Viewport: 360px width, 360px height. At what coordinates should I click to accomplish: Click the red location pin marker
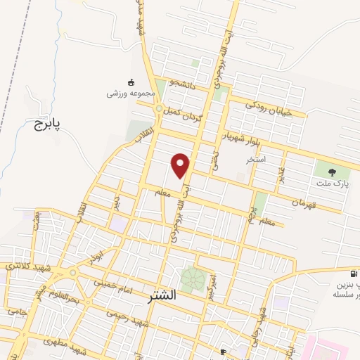(x=181, y=165)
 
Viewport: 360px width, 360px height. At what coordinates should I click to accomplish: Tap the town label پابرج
(x=48, y=125)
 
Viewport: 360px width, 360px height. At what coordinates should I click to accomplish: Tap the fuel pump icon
(x=352, y=274)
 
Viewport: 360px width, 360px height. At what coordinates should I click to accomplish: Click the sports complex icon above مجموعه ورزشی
(x=131, y=82)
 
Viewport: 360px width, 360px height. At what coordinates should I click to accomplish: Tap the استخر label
(x=255, y=160)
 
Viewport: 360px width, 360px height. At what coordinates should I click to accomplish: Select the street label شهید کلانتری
(x=24, y=266)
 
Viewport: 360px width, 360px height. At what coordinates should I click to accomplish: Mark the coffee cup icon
(x=223, y=351)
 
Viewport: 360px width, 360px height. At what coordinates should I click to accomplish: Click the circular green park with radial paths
(x=192, y=280)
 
